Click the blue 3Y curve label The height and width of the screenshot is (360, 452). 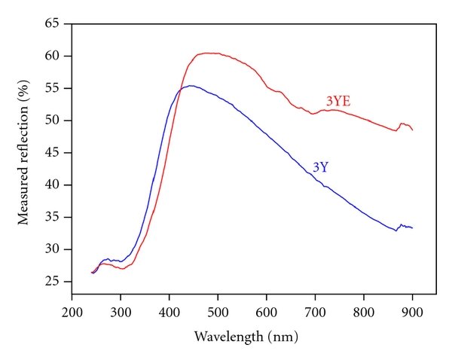[x=320, y=167]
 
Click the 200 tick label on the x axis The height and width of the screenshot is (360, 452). [x=72, y=310]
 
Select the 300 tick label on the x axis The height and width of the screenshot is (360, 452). [x=121, y=310]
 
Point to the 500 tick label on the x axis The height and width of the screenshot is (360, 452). [x=218, y=310]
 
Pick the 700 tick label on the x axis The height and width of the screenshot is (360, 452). [x=315, y=310]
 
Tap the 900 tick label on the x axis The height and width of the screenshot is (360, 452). [x=412, y=310]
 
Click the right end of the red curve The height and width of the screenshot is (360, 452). [x=413, y=130]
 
